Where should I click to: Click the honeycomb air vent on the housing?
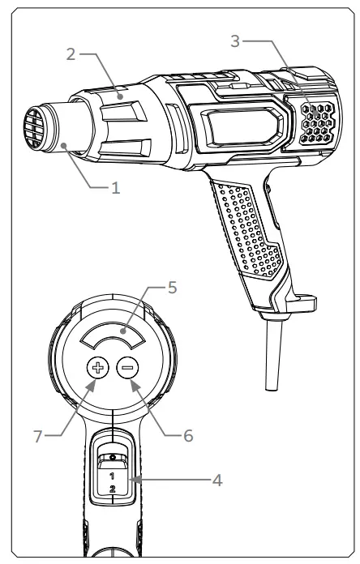(310, 122)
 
